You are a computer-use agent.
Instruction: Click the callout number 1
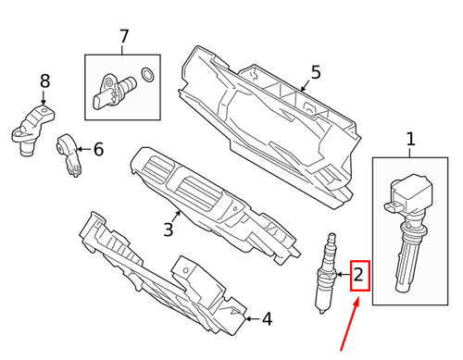[411, 141]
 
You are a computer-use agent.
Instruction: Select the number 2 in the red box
[359, 275]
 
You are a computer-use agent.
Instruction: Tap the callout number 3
[168, 229]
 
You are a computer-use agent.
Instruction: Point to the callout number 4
[267, 320]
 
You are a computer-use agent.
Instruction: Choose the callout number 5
[315, 72]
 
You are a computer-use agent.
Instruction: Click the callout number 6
[98, 149]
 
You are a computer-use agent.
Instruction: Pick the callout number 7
[124, 38]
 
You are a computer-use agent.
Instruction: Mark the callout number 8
[44, 82]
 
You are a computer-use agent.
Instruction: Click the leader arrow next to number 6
[83, 149]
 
